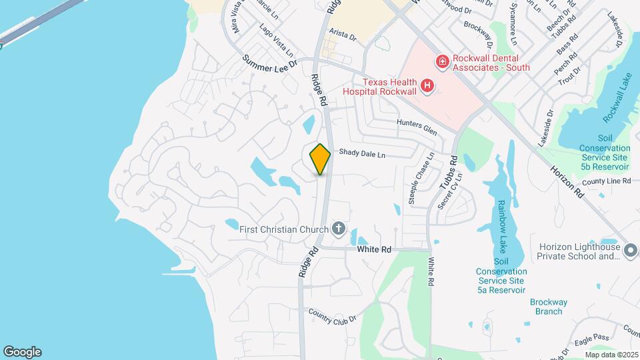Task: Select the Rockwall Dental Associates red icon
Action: (441, 62)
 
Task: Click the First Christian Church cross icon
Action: (339, 229)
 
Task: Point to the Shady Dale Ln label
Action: (362, 153)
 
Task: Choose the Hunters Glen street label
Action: (417, 127)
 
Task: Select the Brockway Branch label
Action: (549, 307)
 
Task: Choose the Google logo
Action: (22, 352)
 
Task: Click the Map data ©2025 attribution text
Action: (612, 355)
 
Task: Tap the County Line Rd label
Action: (606, 181)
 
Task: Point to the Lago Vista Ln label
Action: (276, 39)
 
